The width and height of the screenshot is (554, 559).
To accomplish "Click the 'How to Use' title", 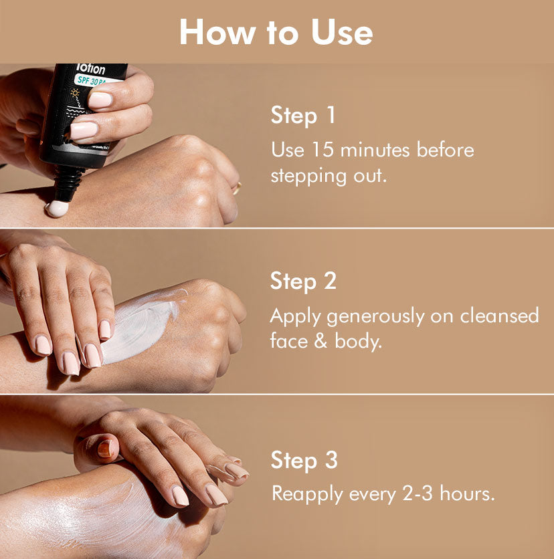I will tap(276, 31).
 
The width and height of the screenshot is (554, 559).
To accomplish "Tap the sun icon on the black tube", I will tap(76, 93).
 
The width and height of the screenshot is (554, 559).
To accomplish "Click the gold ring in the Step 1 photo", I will tap(236, 188).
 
